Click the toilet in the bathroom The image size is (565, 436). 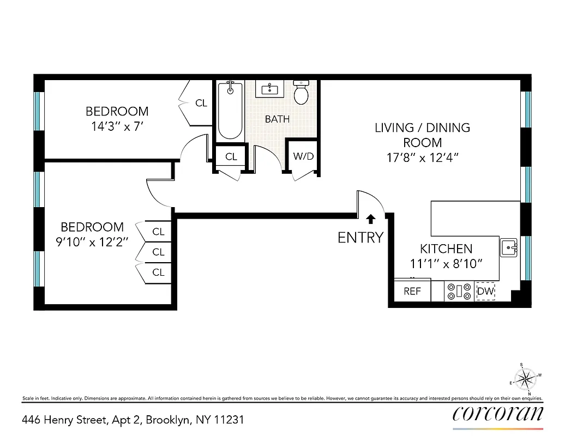click(301, 93)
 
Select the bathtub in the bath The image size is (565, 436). click(230, 112)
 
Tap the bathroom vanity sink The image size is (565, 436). click(271, 89)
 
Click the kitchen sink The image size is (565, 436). click(510, 247)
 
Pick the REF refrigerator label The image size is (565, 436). click(412, 291)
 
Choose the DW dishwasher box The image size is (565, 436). click(485, 291)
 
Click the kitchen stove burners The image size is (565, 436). click(459, 292)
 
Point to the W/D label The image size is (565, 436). click(304, 156)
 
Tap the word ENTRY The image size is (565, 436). click(360, 237)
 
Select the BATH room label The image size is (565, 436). click(277, 119)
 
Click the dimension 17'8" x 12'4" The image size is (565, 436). click(422, 158)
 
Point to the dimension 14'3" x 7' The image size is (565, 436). click(117, 125)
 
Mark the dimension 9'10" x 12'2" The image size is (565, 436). click(92, 241)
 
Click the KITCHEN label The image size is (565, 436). click(446, 249)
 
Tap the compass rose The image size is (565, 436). click(526, 378)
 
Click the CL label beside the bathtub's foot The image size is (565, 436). click(231, 156)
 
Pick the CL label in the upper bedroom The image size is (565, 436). click(201, 102)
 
